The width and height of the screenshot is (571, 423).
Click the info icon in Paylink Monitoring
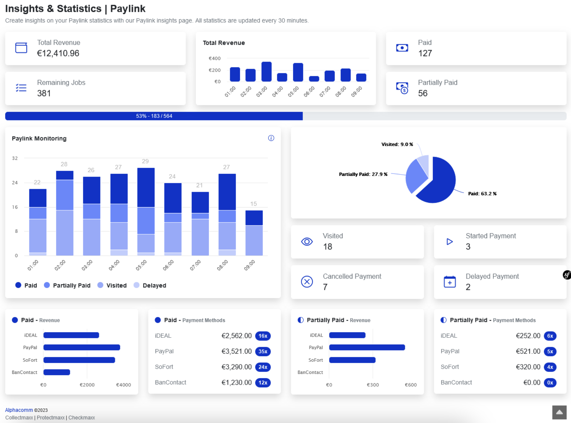click(271, 138)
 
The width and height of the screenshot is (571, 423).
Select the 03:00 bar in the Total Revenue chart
click(266, 72)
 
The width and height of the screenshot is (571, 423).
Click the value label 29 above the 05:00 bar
click(145, 161)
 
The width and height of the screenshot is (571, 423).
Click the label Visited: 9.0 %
click(397, 144)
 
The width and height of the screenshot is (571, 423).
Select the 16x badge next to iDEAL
click(263, 336)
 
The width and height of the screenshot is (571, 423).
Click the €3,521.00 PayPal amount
click(236, 351)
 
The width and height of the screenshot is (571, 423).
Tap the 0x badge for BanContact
click(550, 383)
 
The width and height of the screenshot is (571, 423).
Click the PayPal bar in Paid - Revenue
click(81, 347)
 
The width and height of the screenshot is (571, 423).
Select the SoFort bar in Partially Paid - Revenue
click(352, 360)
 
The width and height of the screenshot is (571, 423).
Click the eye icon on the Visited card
click(307, 242)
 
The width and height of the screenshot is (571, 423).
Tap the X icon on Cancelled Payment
click(307, 282)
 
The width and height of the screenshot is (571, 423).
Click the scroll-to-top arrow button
click(559, 412)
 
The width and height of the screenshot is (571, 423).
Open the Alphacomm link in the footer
click(19, 410)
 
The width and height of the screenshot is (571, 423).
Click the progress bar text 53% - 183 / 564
click(154, 116)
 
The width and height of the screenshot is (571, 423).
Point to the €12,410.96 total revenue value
click(58, 53)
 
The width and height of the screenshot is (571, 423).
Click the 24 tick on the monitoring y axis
click(15, 183)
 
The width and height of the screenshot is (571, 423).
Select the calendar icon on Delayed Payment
click(449, 282)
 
